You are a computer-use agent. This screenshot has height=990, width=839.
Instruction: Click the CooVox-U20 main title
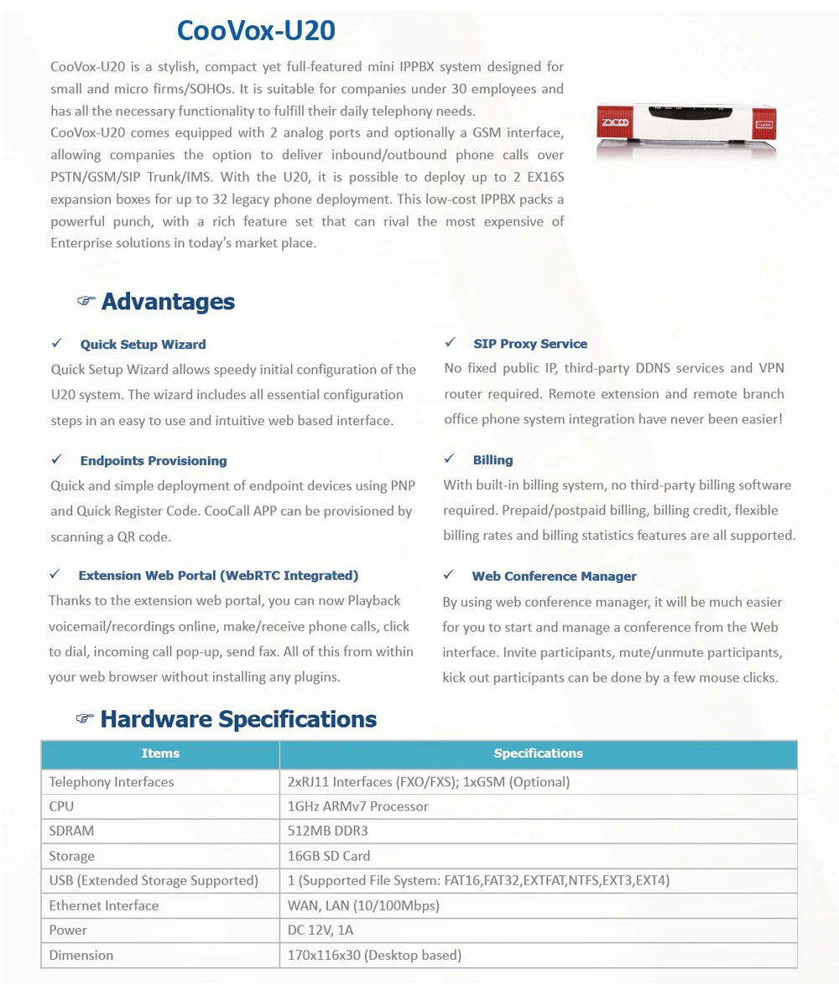tap(256, 31)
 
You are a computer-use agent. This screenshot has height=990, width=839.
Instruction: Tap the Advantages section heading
tap(168, 302)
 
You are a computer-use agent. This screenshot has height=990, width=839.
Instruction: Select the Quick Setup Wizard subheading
tap(143, 345)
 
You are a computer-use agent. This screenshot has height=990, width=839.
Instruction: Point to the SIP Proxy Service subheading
tap(530, 344)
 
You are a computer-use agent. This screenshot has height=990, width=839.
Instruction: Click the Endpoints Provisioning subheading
tap(154, 461)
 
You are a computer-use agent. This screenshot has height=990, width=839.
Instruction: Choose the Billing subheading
tap(492, 460)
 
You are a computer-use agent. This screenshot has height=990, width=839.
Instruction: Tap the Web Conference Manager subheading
tap(554, 577)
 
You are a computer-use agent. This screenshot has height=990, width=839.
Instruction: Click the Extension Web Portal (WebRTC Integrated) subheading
tap(218, 576)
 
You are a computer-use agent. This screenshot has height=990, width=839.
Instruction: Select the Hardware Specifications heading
tap(238, 719)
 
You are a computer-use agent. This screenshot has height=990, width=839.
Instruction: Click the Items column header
tap(160, 754)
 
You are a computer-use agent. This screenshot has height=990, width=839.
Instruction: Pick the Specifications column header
tap(538, 754)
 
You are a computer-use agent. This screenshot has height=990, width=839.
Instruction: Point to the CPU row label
tap(61, 806)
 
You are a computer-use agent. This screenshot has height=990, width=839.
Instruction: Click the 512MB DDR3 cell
tap(328, 832)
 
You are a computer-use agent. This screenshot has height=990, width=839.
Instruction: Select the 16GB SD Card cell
tap(329, 856)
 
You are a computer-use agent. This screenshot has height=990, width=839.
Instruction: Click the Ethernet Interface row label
tap(104, 905)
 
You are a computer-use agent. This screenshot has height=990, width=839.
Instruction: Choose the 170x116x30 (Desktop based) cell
tap(374, 956)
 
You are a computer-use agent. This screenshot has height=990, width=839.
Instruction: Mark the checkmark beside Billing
tap(450, 459)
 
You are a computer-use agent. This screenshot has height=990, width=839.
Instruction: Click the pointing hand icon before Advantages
tap(86, 301)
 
